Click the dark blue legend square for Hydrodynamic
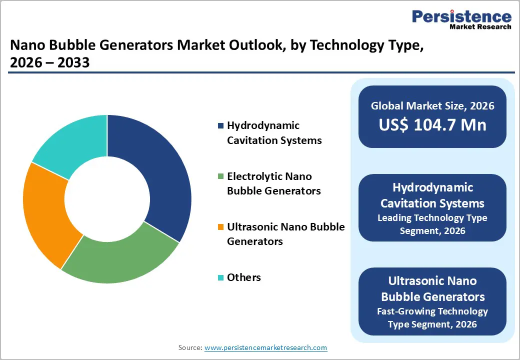click(220, 125)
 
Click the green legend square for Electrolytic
click(220, 176)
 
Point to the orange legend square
click(220, 227)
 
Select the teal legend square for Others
click(220, 277)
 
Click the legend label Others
click(243, 277)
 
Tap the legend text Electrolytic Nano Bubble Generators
click(274, 183)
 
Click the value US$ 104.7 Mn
click(432, 124)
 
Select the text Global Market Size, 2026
click(432, 105)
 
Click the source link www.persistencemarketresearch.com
click(265, 347)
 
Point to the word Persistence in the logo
click(461, 16)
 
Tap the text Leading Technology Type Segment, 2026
click(432, 224)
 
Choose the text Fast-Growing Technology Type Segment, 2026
click(432, 317)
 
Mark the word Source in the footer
click(189, 347)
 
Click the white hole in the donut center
click(107, 199)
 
